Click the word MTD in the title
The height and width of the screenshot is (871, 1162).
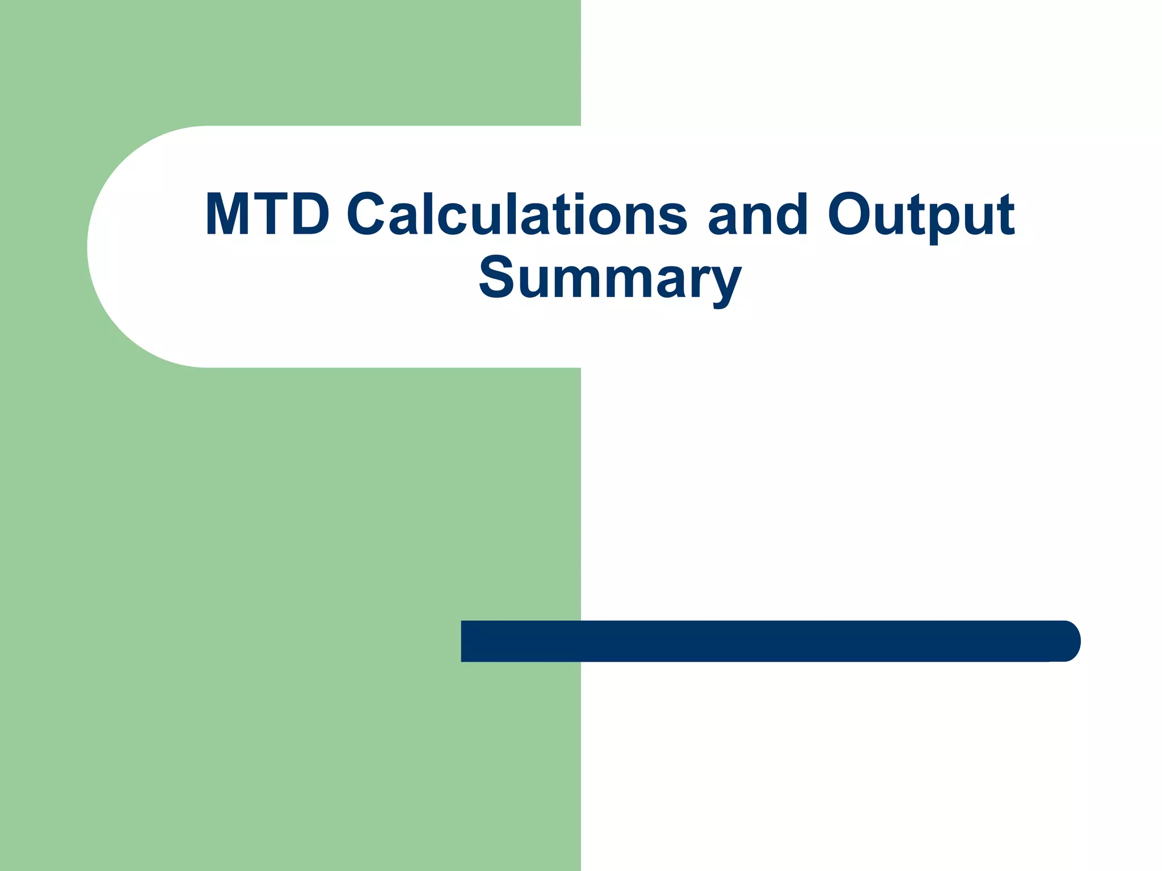[267, 214]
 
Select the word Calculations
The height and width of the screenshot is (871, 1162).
[517, 214]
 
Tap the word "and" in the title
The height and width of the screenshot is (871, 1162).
[757, 214]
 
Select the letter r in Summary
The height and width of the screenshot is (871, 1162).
[698, 280]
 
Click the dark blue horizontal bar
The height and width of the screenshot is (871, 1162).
[766, 641]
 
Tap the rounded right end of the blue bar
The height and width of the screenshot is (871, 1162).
[1067, 641]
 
